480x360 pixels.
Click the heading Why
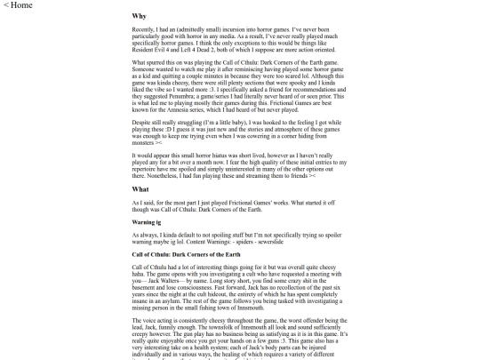tap(140, 17)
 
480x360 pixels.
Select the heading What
tap(141, 214)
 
